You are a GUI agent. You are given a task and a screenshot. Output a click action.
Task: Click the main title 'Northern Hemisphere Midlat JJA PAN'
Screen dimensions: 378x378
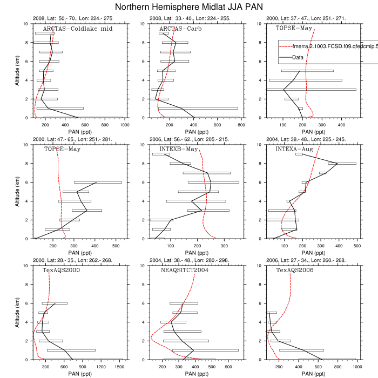[188, 7]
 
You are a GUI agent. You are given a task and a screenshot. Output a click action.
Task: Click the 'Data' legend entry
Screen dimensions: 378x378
[298, 57]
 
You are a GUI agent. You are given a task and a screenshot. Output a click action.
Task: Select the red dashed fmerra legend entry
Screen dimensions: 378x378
[324, 47]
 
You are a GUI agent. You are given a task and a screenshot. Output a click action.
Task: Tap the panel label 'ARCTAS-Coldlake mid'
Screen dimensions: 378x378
[78, 29]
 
